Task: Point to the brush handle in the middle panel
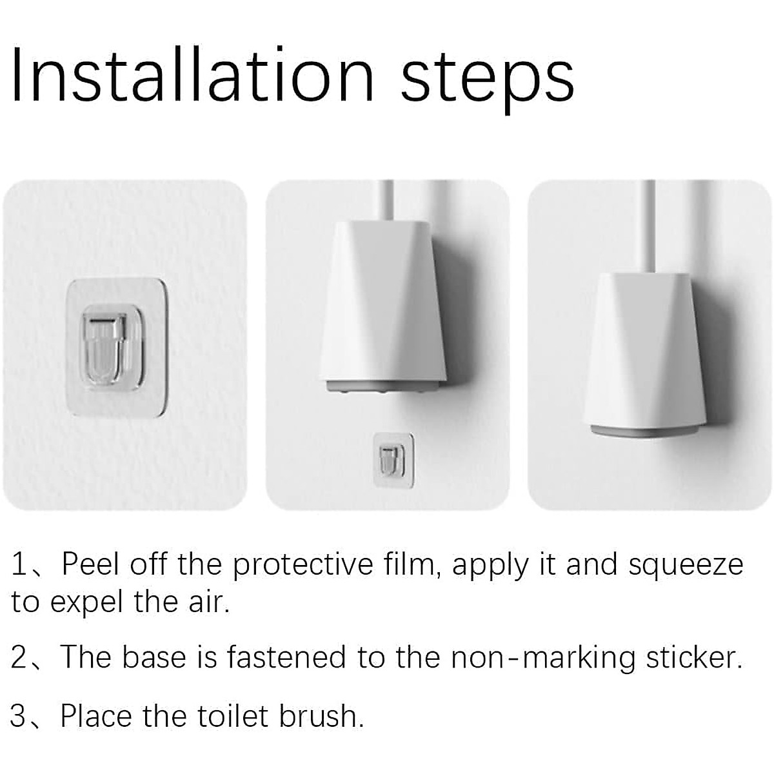click(388, 200)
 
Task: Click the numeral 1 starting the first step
click(19, 565)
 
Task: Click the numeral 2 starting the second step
click(19, 658)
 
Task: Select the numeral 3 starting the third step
click(19, 717)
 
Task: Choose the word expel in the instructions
click(88, 603)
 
